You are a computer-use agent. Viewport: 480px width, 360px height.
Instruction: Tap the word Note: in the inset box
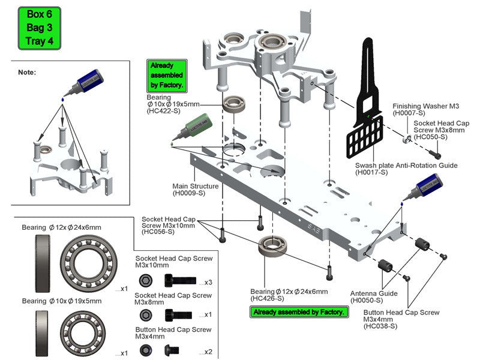(x=27, y=72)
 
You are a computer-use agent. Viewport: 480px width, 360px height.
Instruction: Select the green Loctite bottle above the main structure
(x=193, y=128)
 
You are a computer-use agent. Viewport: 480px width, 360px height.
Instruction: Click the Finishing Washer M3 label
(x=426, y=106)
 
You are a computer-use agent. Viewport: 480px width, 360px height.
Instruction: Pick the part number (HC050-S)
(x=431, y=137)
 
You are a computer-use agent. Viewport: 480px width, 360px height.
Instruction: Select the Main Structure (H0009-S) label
(x=196, y=190)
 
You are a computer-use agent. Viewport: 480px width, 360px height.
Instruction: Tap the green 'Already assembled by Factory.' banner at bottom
(x=299, y=312)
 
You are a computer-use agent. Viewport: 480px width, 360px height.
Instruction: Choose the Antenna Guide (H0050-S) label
(x=373, y=297)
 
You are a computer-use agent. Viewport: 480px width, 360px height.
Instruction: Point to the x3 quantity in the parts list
(x=208, y=282)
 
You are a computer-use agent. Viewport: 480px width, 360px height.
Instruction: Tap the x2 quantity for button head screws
(x=208, y=351)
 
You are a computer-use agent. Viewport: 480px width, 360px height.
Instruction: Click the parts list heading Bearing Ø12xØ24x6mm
(x=61, y=227)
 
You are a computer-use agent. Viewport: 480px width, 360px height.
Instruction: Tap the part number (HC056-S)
(x=158, y=232)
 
